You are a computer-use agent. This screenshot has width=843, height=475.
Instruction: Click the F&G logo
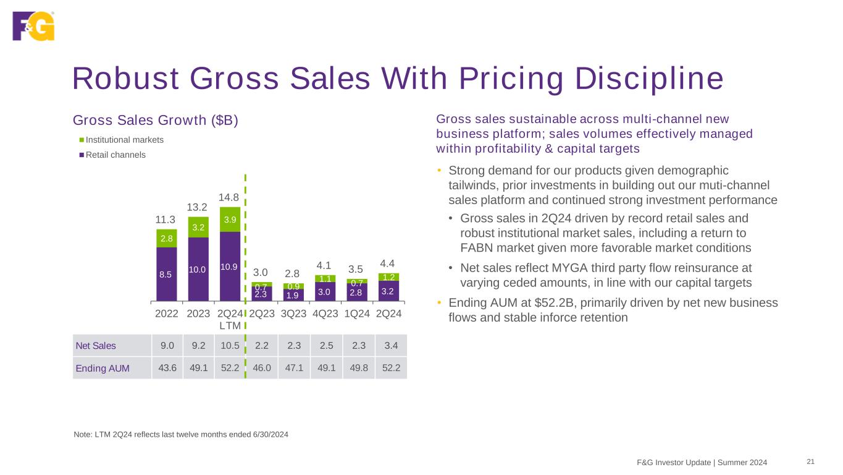33,25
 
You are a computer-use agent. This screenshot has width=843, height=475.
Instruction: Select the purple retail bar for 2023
198,269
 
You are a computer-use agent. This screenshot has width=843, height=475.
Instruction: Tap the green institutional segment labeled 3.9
230,220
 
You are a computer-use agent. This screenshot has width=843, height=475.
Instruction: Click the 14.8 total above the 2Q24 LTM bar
230,197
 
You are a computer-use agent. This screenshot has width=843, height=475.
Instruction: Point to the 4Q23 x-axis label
325,313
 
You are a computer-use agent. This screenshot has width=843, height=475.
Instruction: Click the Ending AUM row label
103,368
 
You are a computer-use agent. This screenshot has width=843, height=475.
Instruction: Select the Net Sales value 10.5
230,344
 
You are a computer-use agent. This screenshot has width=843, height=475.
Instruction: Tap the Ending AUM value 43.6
167,368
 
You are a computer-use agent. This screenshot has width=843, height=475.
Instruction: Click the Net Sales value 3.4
391,344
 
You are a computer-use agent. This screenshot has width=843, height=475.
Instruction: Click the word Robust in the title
127,79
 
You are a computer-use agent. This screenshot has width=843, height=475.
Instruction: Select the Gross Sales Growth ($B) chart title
155,119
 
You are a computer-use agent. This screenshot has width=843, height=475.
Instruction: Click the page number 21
811,462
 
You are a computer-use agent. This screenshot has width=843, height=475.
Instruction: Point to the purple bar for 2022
167,274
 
